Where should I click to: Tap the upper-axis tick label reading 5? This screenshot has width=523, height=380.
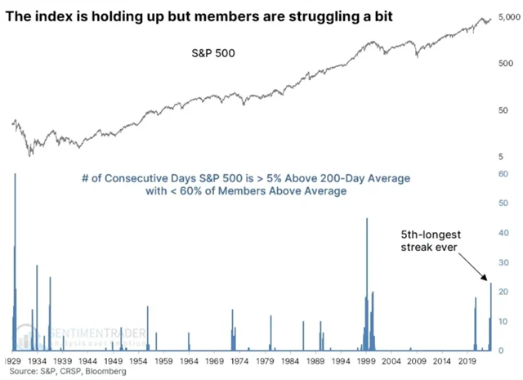(499, 155)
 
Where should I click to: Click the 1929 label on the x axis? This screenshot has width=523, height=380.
(12, 360)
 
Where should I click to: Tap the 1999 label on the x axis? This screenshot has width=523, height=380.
(367, 360)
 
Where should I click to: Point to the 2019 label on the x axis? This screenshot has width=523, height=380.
(468, 360)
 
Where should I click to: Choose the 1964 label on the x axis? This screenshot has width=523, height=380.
(190, 360)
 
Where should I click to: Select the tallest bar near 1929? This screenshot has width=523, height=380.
(15, 262)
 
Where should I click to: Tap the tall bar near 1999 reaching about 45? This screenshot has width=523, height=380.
(366, 286)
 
